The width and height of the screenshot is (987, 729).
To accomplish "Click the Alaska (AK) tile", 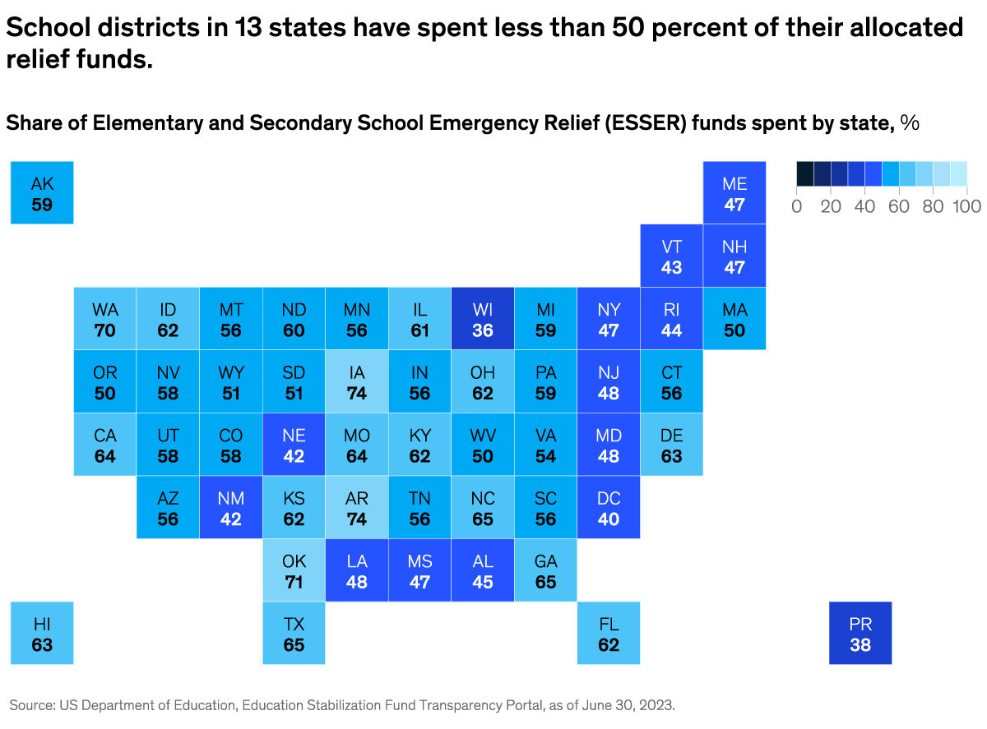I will pos(42,193).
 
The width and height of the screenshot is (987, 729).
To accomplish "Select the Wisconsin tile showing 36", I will pos(483,319).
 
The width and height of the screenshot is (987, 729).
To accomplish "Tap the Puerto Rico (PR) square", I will pos(860,633).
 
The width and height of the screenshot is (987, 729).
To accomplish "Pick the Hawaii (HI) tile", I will pos(42,633).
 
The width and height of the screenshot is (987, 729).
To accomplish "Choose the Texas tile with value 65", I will pos(294,633).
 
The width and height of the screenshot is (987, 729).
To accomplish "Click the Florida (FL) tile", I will pos(609,633).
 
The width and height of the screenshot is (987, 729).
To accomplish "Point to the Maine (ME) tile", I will pos(734,193).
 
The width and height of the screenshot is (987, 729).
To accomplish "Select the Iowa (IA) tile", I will pos(357,382).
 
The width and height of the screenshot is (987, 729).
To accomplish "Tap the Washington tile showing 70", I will pos(105,319).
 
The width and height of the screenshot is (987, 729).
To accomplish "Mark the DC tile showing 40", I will pos(609,508).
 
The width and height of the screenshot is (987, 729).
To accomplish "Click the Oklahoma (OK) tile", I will pos(294,571).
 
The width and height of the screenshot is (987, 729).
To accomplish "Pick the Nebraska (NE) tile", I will pos(294,445).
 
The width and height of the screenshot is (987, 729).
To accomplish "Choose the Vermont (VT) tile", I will pos(672,256).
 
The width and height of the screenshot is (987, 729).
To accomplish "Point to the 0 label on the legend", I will pos(796,206).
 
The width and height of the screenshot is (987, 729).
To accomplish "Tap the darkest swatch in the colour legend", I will pos(804,173).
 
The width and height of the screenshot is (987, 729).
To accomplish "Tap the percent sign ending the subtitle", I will pos(910,123).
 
